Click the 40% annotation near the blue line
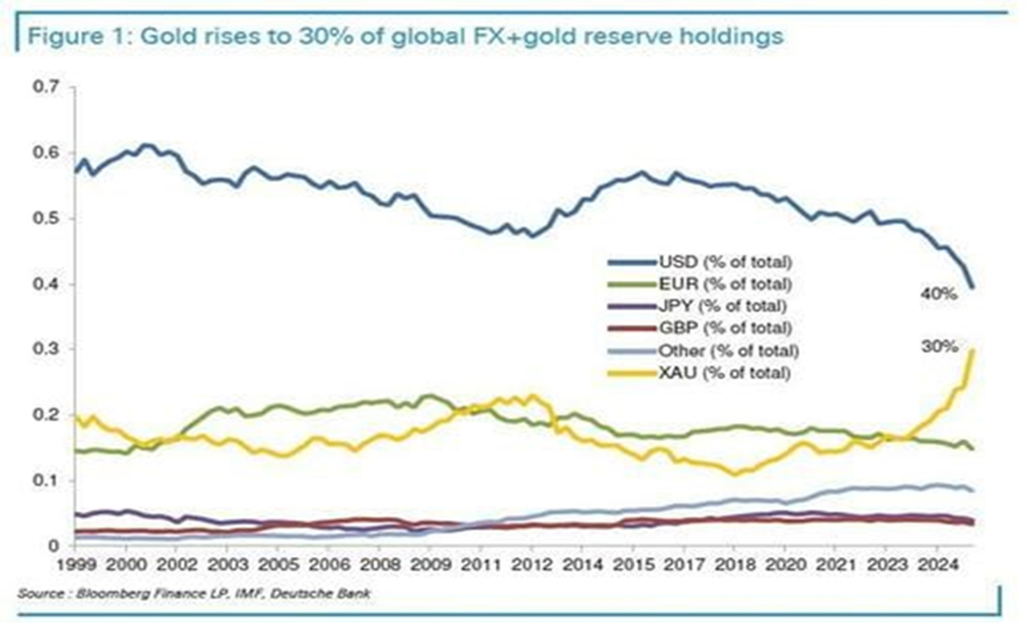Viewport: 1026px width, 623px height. (x=938, y=294)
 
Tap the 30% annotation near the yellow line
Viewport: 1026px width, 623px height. (x=939, y=346)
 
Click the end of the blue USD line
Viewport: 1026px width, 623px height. (x=972, y=288)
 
